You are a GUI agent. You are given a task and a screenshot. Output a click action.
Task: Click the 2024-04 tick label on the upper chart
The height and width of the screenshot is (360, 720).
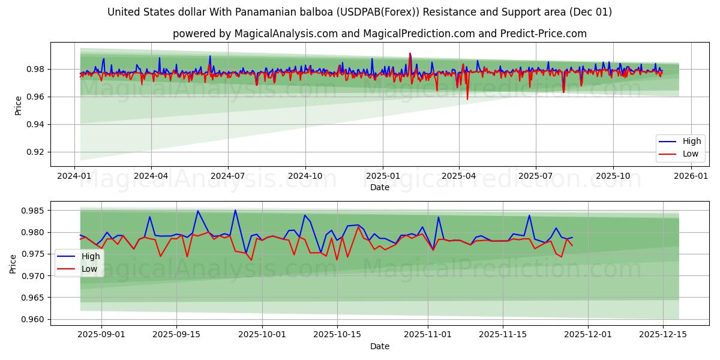coord(151,176)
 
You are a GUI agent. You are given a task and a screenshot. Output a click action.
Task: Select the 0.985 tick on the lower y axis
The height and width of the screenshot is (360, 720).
coord(34,211)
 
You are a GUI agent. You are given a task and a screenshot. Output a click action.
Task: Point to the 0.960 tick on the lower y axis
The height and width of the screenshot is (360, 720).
coord(34,319)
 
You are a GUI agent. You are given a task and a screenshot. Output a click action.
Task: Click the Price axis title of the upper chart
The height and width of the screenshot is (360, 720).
coord(19,105)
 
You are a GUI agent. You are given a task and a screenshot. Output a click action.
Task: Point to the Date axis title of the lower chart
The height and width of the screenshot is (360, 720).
coord(379,346)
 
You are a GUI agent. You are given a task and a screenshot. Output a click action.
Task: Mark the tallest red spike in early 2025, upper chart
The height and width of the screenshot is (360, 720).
coord(410,53)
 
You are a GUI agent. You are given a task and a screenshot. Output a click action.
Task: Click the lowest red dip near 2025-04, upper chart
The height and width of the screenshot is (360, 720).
coord(467,99)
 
